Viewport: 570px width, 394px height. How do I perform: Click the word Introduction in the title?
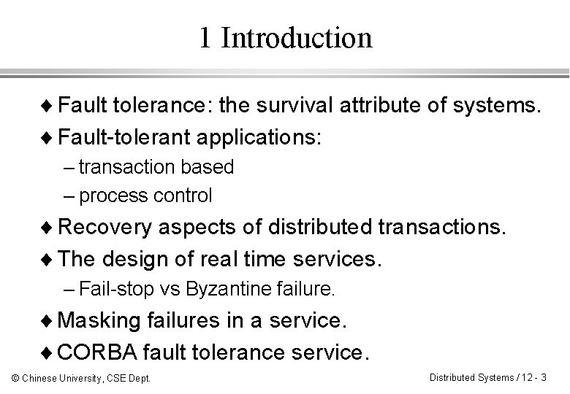296,37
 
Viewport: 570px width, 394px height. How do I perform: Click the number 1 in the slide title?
205,37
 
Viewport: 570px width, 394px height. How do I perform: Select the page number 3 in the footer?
545,377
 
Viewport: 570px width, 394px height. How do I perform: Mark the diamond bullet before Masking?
47,322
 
